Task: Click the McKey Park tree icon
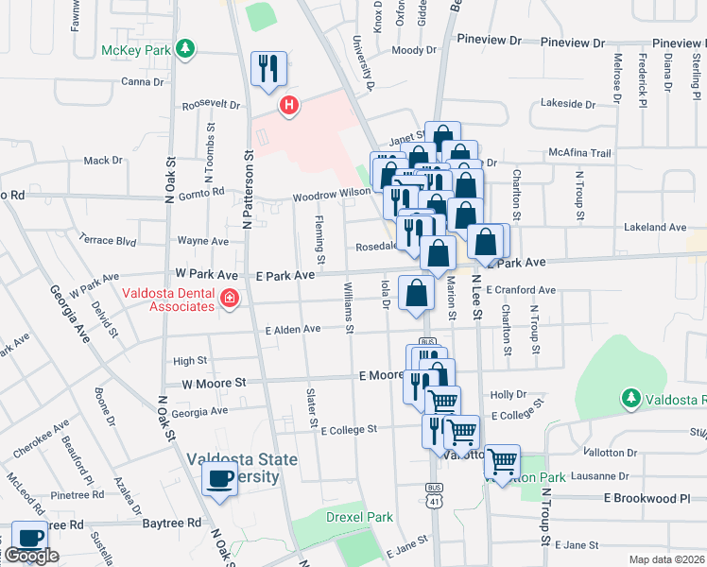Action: [187, 47]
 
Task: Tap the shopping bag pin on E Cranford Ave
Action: [416, 294]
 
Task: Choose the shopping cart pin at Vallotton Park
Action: [502, 462]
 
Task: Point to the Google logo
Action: [31, 556]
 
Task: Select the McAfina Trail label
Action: [580, 153]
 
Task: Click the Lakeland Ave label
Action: [655, 227]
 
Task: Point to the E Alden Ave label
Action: [293, 329]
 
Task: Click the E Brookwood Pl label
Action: [654, 498]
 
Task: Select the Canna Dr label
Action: [143, 81]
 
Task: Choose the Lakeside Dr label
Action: [566, 103]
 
